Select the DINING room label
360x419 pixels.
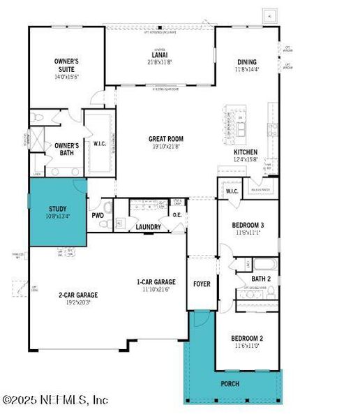248,61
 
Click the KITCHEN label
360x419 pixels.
245,152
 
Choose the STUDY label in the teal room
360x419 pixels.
57,208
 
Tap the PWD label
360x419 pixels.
97,216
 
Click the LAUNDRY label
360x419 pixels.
149,227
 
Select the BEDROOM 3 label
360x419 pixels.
246,225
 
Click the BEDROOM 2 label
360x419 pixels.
247,338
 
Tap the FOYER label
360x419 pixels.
202,284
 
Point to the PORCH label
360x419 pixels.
230,383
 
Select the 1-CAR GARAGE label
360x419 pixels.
156,282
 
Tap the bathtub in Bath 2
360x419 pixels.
265,264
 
